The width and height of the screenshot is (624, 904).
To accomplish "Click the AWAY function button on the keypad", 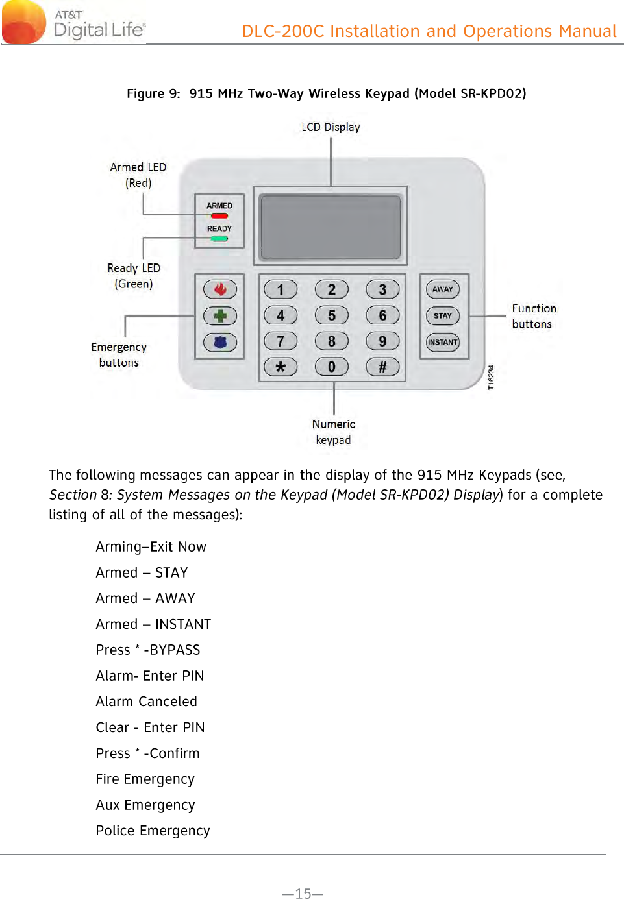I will [443, 289].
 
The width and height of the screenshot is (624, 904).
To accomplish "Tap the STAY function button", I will [443, 316].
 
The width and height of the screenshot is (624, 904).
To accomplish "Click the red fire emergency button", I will [220, 289].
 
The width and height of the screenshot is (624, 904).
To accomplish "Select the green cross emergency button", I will [220, 316].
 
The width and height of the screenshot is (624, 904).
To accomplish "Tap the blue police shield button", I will [220, 342].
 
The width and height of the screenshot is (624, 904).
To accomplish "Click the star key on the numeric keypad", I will [281, 367].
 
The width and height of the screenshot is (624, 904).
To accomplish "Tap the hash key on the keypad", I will [382, 367].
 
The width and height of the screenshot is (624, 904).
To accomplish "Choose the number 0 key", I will [331, 367].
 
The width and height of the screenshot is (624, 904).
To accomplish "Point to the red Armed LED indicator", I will [219, 215].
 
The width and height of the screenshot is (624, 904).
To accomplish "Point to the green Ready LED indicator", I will [219, 239].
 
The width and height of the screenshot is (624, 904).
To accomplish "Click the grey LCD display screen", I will [331, 227].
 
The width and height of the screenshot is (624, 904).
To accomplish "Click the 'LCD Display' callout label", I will [331, 127].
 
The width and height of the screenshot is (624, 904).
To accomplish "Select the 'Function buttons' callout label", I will [534, 316].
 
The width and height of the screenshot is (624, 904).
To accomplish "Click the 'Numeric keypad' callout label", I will [333, 432].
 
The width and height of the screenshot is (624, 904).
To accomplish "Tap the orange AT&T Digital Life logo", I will [24, 23].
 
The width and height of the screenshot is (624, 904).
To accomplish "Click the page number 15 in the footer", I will [303, 894].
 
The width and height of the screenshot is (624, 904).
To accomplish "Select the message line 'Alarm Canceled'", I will [146, 702].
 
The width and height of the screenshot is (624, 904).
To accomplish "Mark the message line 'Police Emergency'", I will [153, 831].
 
